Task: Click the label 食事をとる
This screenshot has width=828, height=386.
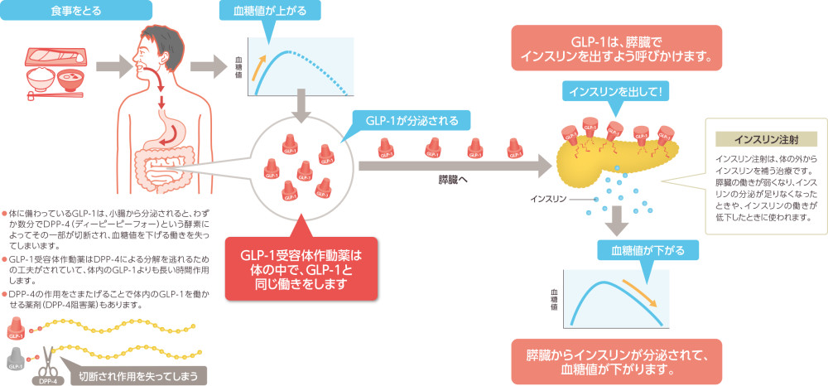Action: click(x=75, y=11)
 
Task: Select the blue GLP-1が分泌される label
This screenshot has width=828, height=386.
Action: click(x=412, y=119)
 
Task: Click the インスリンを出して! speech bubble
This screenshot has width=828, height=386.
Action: click(x=614, y=90)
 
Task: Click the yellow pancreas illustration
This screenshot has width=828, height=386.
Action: click(x=604, y=157)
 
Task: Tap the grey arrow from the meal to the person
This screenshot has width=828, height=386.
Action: click(x=111, y=64)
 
